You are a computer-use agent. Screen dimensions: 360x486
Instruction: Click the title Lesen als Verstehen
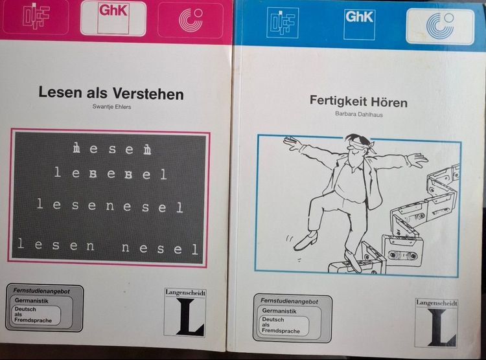coord(111,93)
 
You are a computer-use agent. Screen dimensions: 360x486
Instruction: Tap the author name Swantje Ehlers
coord(111,107)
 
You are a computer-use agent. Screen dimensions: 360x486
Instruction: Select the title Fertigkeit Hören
coord(358,102)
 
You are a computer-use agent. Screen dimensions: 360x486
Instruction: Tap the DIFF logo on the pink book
coord(36,17)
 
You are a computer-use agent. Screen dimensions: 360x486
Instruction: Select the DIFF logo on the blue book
coord(283,23)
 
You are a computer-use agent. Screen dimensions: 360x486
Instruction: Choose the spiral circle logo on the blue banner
coord(440,25)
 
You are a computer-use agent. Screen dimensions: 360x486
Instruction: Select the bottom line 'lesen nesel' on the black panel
coord(108,247)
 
